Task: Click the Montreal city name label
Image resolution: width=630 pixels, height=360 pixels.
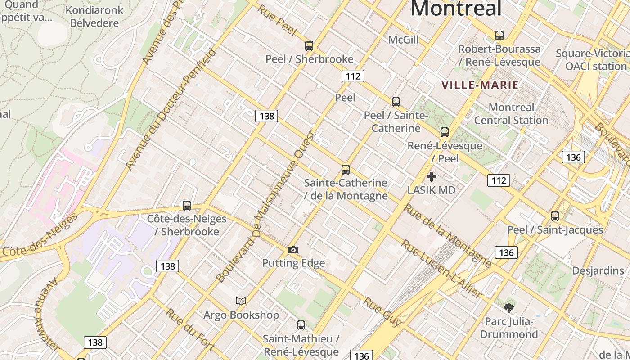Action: point(455,8)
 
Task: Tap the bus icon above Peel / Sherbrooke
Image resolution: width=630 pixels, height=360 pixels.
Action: point(309,45)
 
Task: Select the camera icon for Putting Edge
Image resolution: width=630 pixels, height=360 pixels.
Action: point(293,250)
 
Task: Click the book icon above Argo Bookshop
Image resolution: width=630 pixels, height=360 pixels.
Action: point(241,301)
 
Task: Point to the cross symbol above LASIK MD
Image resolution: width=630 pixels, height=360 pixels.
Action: point(431,177)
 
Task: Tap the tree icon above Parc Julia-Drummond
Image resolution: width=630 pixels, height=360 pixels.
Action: point(508,308)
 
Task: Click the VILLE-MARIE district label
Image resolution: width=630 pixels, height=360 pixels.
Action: point(480,85)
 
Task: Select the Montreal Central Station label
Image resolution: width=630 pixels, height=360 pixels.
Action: point(511,114)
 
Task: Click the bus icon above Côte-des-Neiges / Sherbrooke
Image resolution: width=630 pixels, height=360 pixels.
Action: point(187,206)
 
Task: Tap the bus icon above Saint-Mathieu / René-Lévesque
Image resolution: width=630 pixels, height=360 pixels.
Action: point(301,325)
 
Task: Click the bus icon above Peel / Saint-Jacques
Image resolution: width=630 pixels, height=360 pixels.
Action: point(555,216)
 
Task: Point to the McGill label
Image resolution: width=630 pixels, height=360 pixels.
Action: point(403,40)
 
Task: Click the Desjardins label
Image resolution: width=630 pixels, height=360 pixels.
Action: point(598,270)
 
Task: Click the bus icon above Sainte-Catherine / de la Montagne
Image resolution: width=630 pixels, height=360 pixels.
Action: point(345,170)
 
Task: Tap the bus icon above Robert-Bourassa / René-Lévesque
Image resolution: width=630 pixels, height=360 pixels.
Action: point(499,36)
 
